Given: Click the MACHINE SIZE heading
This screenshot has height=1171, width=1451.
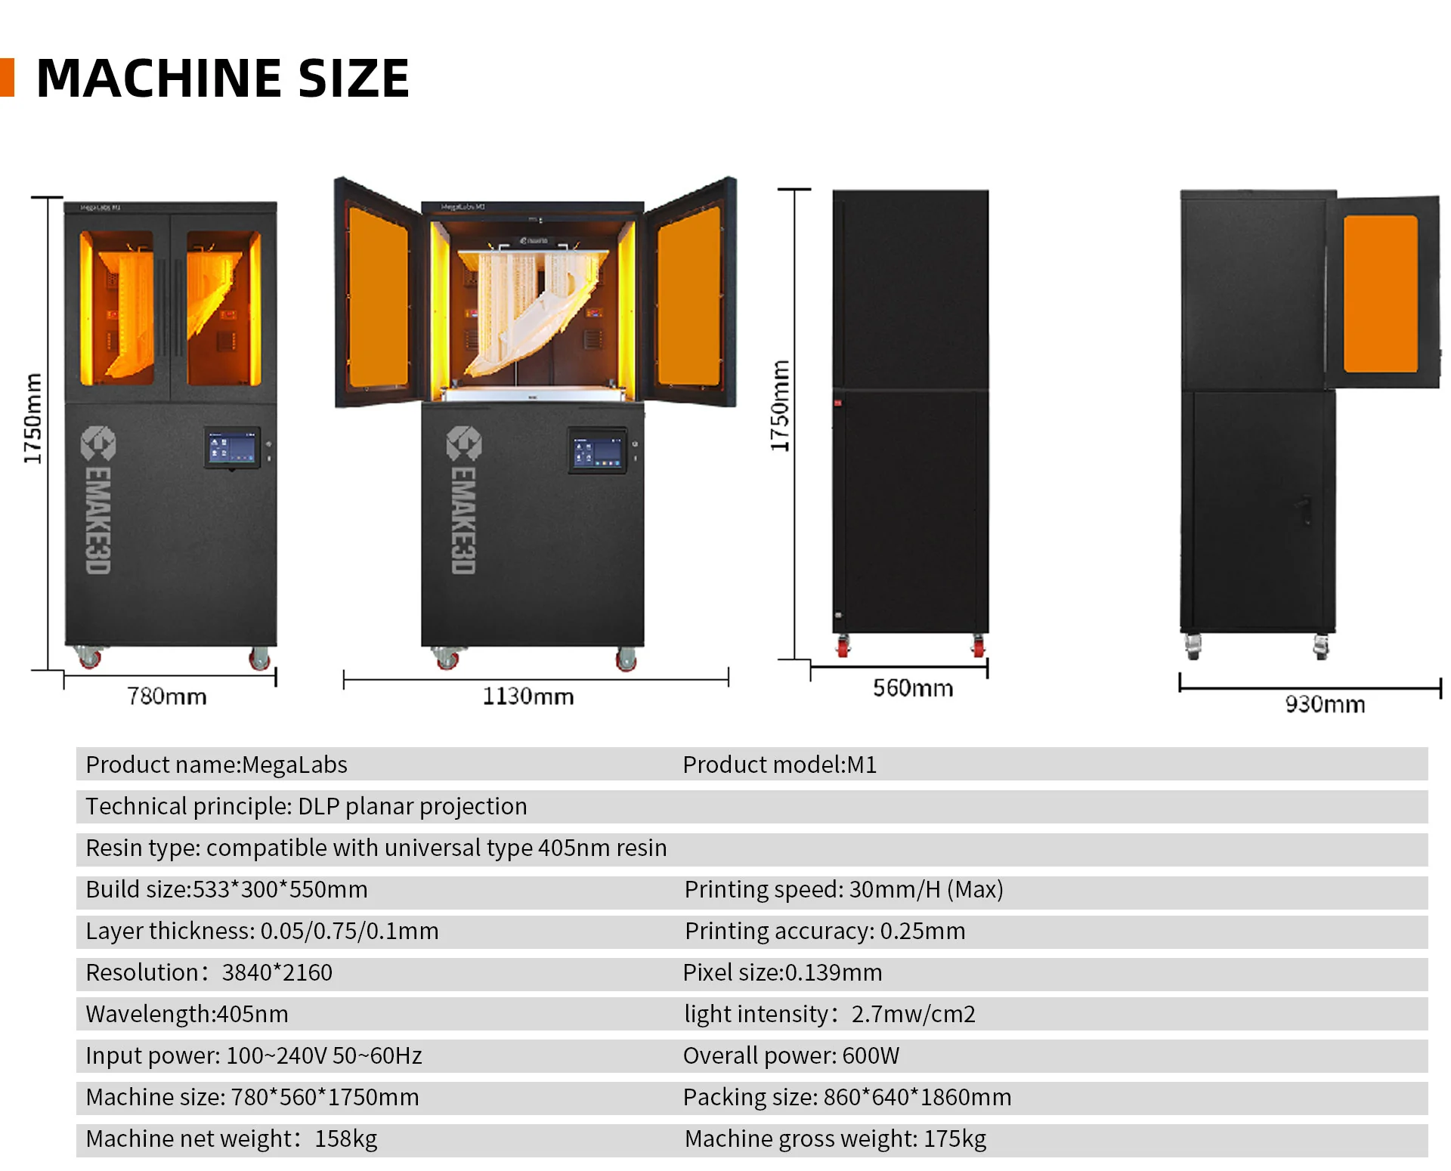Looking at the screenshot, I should point(222,79).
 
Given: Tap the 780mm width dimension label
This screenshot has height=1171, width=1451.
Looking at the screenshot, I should point(166,696).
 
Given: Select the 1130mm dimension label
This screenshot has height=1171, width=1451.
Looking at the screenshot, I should point(527,696).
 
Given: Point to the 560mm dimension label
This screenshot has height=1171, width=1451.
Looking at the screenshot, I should point(912,688).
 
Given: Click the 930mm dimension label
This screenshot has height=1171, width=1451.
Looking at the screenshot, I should point(1324,704).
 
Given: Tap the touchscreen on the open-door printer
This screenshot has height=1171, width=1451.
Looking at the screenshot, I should point(597,453).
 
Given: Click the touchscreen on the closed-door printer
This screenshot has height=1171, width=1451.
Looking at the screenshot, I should point(232,448).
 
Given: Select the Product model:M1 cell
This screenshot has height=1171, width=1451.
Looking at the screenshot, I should point(779,765).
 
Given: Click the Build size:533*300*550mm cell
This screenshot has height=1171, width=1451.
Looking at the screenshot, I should point(227,889).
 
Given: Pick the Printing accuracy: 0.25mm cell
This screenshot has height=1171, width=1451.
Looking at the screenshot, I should point(825,931).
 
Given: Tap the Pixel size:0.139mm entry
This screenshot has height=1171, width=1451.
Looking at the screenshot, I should point(782,972).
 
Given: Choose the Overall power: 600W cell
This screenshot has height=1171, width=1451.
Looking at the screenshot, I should point(790,1055).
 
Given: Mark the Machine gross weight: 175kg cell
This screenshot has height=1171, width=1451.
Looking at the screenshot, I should point(835,1139).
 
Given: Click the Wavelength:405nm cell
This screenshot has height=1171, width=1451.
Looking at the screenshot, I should point(187,1014).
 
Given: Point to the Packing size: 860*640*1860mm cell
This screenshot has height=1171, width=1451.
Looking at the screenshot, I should point(846,1097).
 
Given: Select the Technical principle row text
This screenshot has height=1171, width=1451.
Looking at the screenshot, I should point(306,806).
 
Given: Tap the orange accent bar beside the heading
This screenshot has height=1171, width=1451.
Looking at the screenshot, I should point(8,78).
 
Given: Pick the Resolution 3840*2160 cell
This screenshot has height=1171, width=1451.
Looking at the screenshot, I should point(209,972).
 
